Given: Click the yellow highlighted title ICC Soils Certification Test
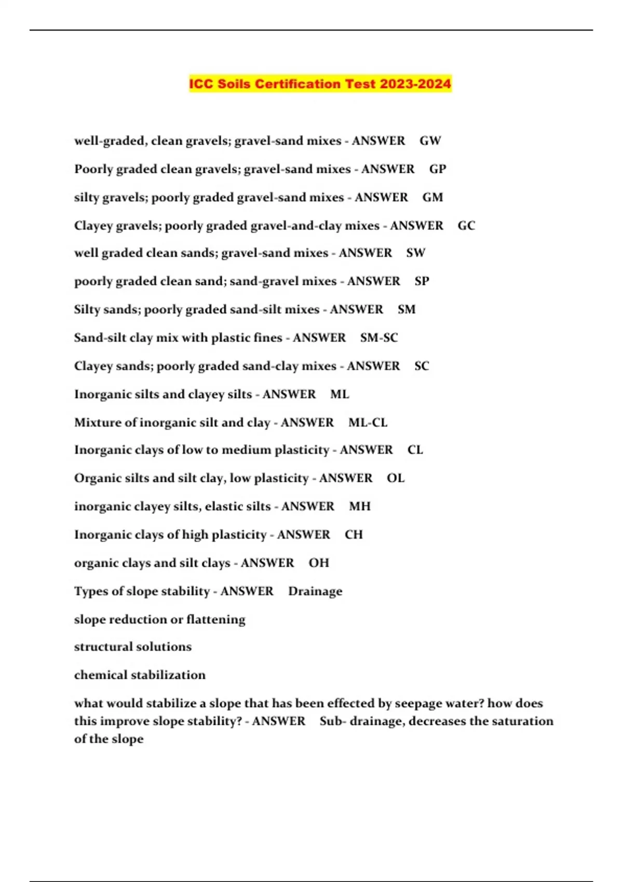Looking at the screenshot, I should (320, 84).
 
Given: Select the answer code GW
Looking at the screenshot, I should (430, 141).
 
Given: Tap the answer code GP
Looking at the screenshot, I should (438, 169).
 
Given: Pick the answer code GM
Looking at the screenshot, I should (432, 197).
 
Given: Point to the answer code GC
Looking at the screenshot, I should (466, 226).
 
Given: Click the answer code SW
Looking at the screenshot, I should (416, 253).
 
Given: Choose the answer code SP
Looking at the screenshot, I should (422, 281).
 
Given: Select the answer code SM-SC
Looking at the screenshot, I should (379, 338).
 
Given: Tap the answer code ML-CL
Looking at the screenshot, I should (368, 422).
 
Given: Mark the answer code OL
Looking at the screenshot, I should (396, 478).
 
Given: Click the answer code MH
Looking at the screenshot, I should (360, 506).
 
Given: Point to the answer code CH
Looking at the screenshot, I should (354, 534).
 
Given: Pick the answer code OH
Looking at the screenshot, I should (319, 563).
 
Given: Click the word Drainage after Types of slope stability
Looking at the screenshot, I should (315, 591).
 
